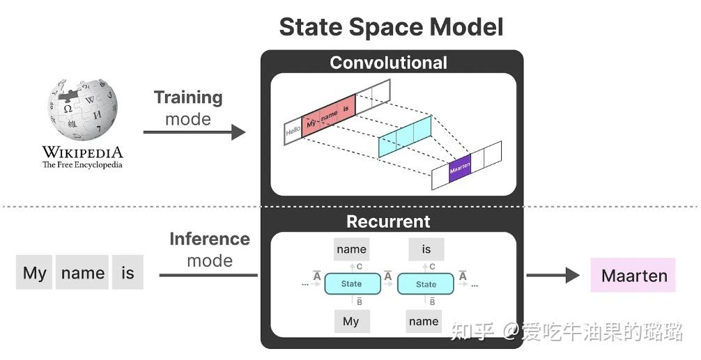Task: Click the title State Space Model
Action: [x=391, y=27]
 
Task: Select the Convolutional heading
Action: [x=388, y=63]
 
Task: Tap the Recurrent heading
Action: [x=388, y=221]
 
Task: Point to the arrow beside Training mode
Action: [x=194, y=132]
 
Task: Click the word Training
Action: [x=188, y=97]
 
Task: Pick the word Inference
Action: [x=209, y=239]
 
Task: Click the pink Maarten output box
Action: [x=633, y=276]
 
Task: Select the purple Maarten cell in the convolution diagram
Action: [x=460, y=168]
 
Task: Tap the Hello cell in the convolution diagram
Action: [x=293, y=131]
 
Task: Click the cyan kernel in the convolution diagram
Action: [x=405, y=136]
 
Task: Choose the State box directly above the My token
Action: [x=351, y=284]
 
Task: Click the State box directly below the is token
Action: [x=425, y=284]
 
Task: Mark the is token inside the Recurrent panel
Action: [x=426, y=249]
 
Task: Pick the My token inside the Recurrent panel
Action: [x=350, y=321]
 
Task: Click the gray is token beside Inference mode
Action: [x=128, y=273]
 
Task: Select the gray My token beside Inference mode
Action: [x=34, y=273]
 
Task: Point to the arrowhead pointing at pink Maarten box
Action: [x=572, y=275]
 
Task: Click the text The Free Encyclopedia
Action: [x=82, y=165]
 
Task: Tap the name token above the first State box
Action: [x=351, y=249]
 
